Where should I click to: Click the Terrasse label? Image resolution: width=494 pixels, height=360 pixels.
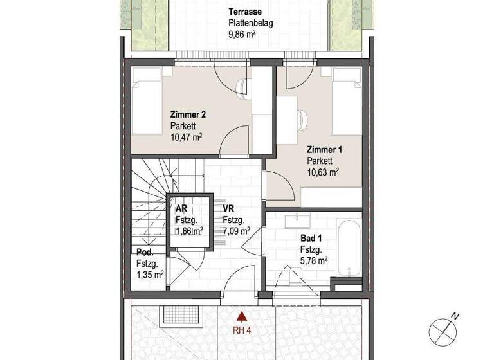coord(246,12)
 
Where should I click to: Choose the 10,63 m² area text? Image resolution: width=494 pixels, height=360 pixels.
coord(323,172)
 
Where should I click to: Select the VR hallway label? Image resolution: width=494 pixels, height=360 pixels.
coord(228,209)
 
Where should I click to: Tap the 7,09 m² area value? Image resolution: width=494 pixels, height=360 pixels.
coord(236,230)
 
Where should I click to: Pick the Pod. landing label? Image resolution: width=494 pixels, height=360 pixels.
coord(145,252)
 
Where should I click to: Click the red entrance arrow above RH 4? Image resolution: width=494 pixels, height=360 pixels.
coord(241,316)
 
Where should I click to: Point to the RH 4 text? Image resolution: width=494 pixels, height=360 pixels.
coord(242,332)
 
